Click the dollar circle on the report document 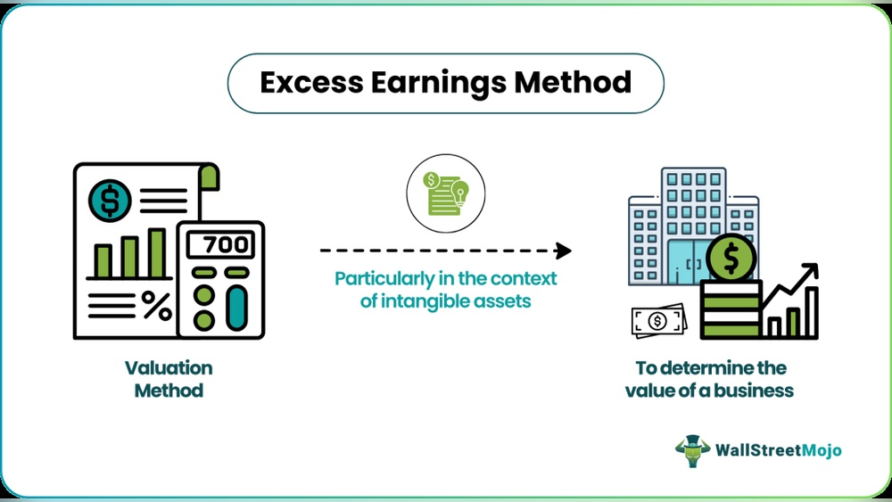coord(110,202)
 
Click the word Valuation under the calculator coord(169,367)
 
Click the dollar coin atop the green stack coord(731,259)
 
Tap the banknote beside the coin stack coord(657,322)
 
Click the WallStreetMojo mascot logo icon coord(692,450)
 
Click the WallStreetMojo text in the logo coord(778,450)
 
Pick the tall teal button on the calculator coord(236,308)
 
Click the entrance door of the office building coord(686,261)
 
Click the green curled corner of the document coord(209,175)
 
